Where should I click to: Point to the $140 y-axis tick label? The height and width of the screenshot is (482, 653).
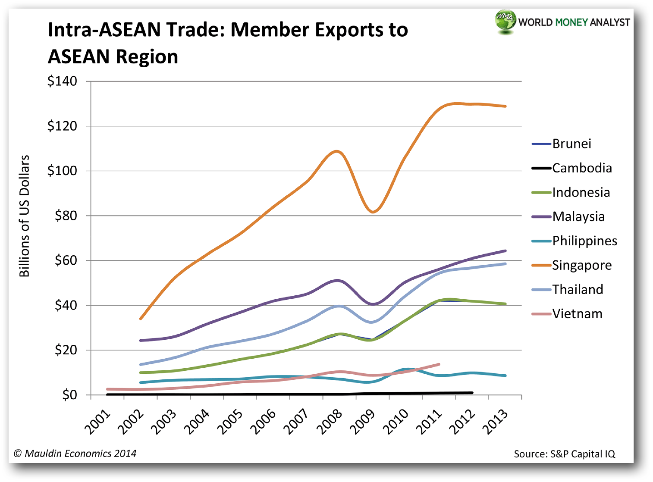(62, 81)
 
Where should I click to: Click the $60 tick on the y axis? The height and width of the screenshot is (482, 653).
(66, 260)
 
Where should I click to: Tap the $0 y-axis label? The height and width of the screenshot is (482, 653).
(69, 395)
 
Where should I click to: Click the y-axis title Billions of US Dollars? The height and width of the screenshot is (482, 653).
(25, 216)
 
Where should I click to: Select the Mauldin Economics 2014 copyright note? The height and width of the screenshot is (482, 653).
(75, 453)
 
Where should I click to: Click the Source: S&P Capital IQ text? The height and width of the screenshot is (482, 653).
(564, 454)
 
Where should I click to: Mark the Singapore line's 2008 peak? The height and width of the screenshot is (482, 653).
(336, 151)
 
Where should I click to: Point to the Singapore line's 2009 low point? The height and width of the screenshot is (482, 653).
(373, 212)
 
